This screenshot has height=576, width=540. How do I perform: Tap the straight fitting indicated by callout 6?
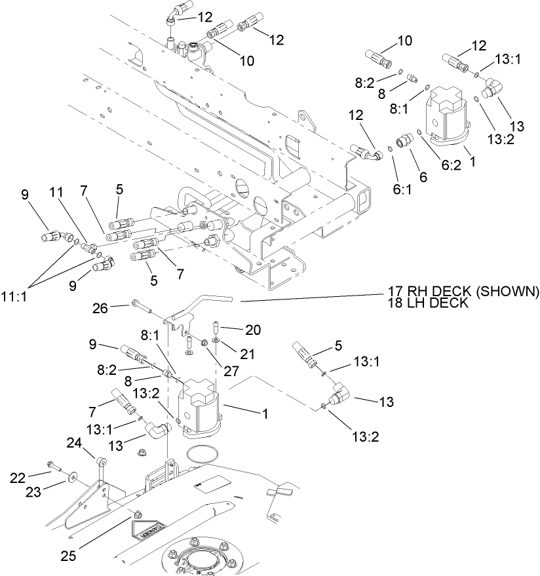(x=404, y=141)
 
